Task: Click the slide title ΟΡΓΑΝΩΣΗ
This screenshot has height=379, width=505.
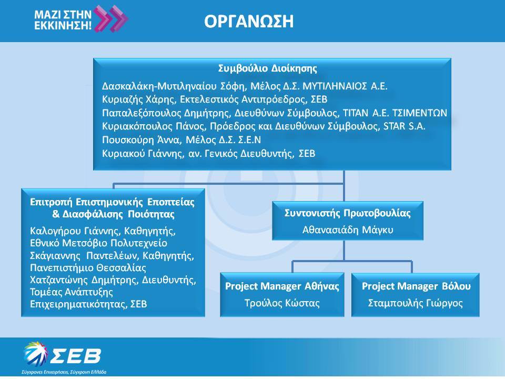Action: tap(249, 22)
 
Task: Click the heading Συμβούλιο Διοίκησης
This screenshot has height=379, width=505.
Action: tap(268, 68)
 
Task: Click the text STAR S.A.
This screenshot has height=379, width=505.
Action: tap(404, 126)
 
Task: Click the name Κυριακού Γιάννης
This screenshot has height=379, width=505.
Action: tap(142, 153)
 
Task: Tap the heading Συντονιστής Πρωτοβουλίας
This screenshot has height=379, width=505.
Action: tap(348, 213)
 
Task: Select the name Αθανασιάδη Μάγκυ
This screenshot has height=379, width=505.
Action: tap(348, 230)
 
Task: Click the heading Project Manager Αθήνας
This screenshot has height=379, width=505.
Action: tap(282, 286)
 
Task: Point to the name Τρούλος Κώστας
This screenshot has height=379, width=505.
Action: tap(282, 303)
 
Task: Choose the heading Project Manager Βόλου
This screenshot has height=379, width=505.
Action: tap(416, 286)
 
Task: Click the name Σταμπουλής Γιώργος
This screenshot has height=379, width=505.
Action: tap(416, 303)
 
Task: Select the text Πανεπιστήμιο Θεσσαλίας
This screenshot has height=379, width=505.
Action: tap(88, 268)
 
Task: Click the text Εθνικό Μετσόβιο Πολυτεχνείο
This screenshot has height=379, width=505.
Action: tap(98, 243)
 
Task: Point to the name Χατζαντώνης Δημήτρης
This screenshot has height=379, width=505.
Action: tap(84, 280)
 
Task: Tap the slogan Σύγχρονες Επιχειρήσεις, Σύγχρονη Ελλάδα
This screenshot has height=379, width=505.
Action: tap(64, 372)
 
